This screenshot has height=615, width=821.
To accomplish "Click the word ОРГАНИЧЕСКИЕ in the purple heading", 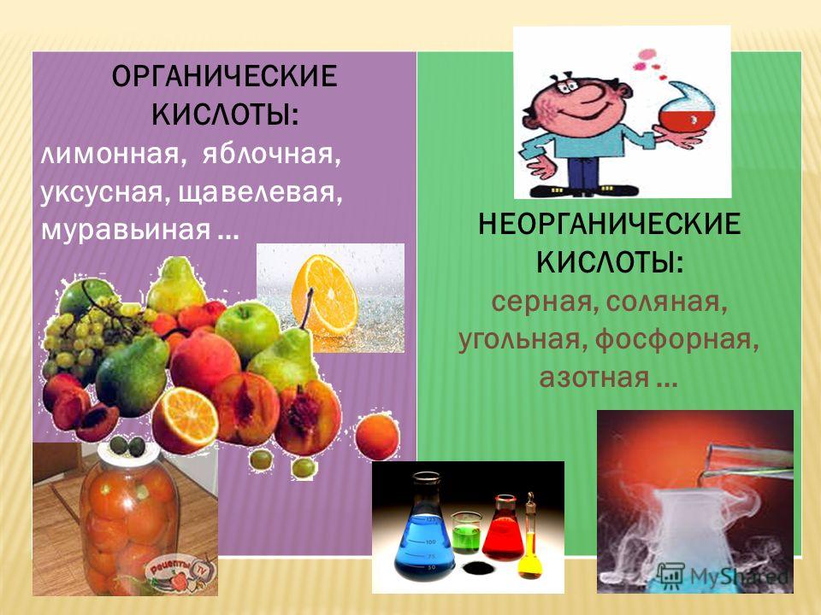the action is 224,77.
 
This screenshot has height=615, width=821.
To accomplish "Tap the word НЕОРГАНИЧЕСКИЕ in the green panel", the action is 610,225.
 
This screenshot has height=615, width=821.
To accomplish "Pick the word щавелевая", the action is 260,193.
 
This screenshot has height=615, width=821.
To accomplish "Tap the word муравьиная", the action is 126,229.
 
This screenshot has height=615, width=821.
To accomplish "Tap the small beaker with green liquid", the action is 465,532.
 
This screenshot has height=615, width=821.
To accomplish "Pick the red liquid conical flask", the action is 503,529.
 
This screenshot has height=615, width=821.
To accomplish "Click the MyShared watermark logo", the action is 724,575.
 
